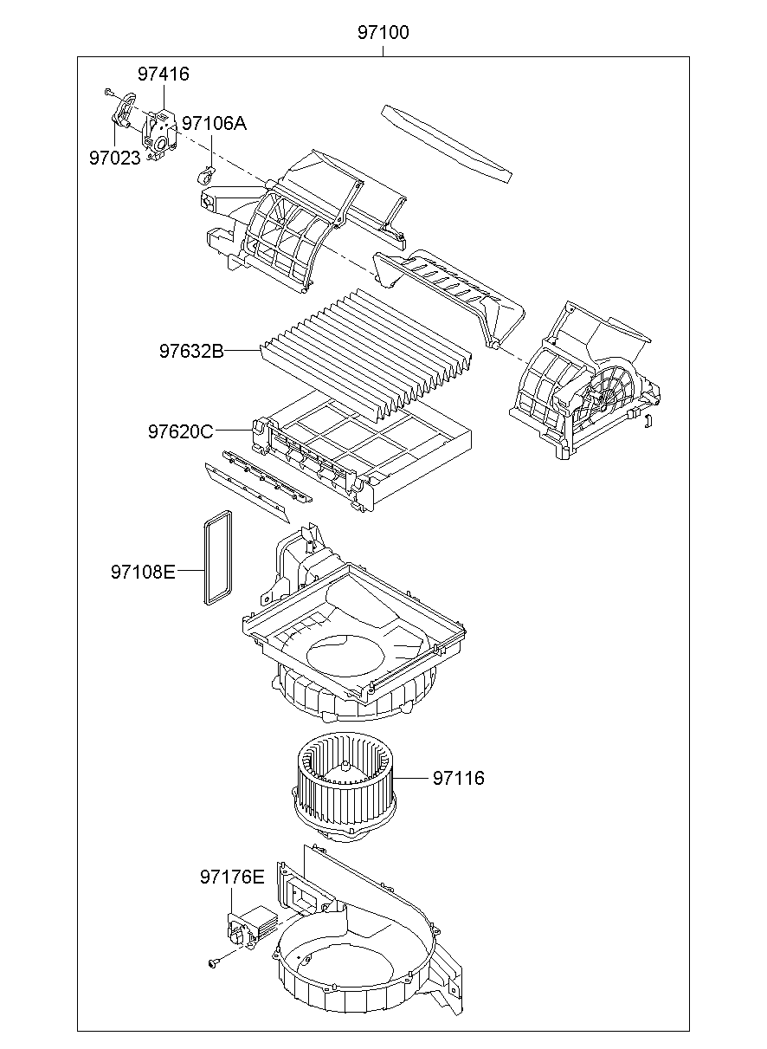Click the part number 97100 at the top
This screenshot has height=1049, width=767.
pyautogui.click(x=383, y=34)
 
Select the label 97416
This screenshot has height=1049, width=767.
pyautogui.click(x=163, y=74)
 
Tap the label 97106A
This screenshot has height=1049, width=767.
pyautogui.click(x=214, y=124)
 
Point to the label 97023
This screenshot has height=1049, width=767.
pyautogui.click(x=114, y=158)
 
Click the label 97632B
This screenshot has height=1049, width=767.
pyautogui.click(x=190, y=351)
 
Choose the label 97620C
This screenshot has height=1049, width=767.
pyautogui.click(x=179, y=431)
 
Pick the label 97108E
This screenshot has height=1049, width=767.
pyautogui.click(x=143, y=572)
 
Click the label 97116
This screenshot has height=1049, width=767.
pyautogui.click(x=459, y=778)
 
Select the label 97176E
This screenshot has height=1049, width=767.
pyautogui.click(x=231, y=877)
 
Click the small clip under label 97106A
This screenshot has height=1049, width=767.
pyautogui.click(x=205, y=176)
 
